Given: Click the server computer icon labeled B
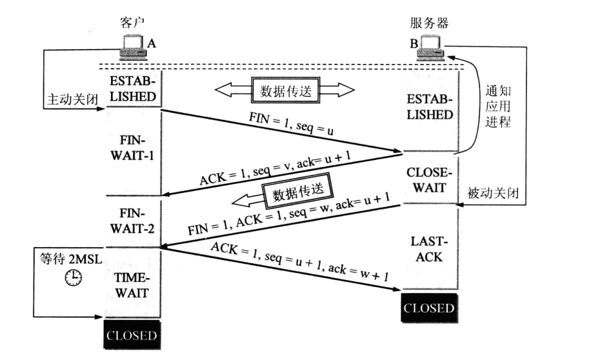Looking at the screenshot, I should (x=429, y=46).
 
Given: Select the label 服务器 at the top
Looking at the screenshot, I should (x=429, y=23).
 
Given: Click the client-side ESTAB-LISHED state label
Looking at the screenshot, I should (x=133, y=89).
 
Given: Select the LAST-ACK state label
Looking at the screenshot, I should (x=430, y=249).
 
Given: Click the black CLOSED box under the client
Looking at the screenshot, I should (x=132, y=335).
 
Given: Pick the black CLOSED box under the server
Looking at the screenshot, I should (x=429, y=307).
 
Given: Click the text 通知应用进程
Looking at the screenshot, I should (x=497, y=106).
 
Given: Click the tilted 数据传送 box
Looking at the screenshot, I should (x=296, y=192).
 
